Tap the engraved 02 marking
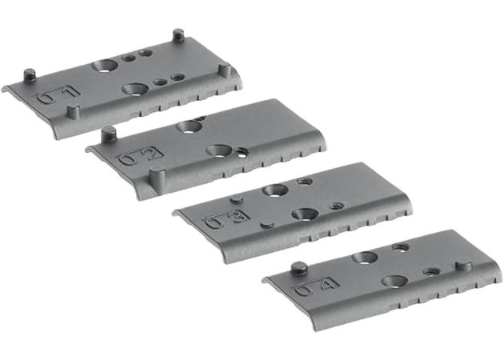click(x=140, y=156)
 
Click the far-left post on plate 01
click(x=30, y=76)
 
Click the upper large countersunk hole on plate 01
click(x=104, y=64)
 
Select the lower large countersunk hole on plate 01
click(x=134, y=89)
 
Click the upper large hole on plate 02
click(x=190, y=126)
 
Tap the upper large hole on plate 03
click(x=276, y=191)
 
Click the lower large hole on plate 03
click(x=304, y=214)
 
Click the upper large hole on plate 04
click(x=365, y=258)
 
